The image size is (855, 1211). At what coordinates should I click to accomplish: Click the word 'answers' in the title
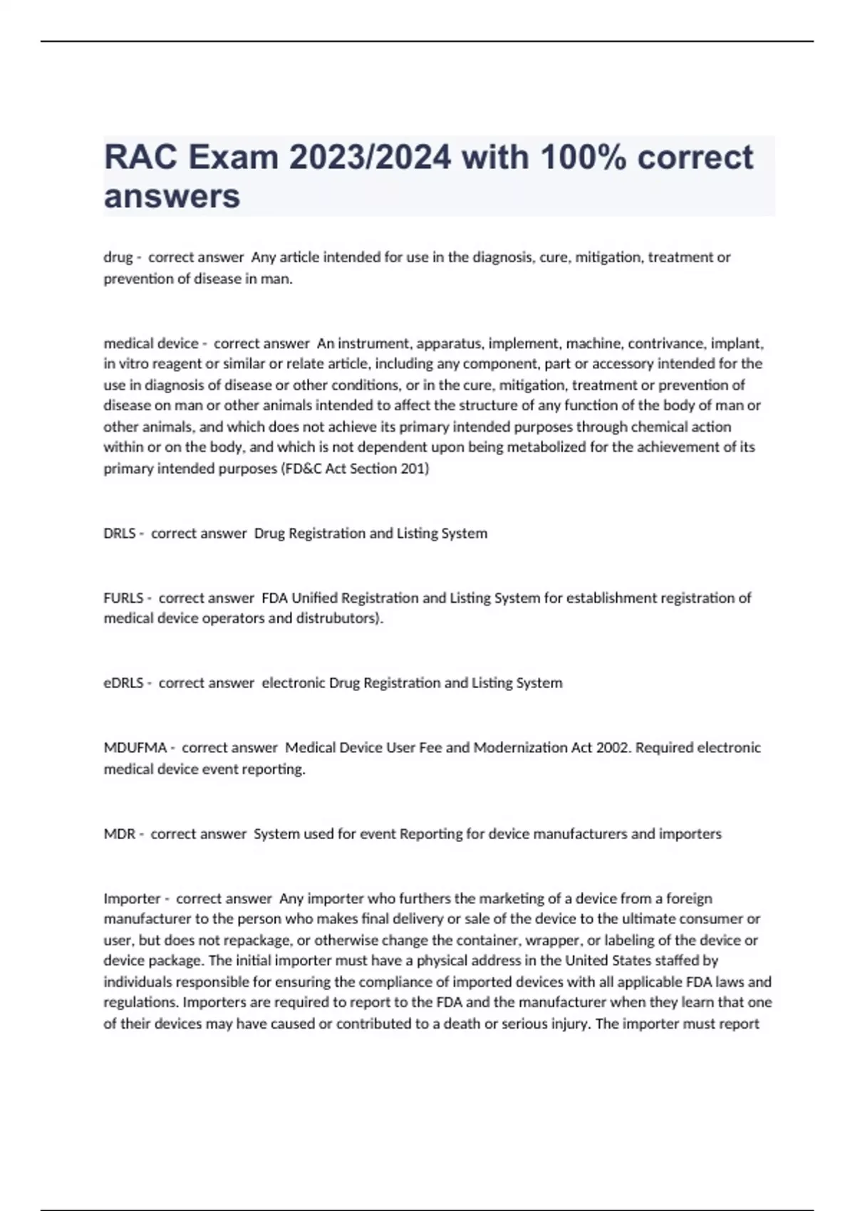[172, 197]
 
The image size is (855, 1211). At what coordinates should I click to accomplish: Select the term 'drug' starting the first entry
[118, 257]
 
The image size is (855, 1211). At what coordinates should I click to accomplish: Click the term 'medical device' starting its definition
[151, 343]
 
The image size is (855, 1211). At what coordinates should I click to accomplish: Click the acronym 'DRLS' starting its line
[120, 534]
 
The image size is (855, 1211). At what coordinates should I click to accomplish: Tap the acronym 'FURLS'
[123, 598]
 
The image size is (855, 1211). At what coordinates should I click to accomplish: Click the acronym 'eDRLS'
[124, 683]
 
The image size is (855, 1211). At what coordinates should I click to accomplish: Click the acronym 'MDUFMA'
[135, 748]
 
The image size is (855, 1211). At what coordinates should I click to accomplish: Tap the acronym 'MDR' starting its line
[120, 834]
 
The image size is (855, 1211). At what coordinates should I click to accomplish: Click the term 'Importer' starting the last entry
[132, 899]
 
